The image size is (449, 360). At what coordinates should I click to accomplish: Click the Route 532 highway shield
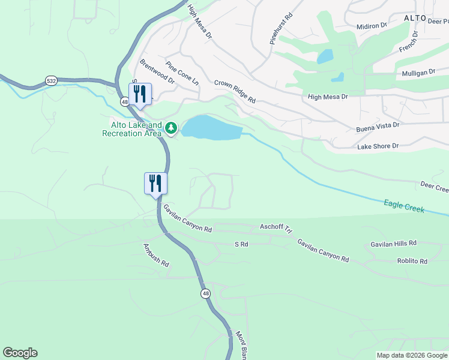[52, 80]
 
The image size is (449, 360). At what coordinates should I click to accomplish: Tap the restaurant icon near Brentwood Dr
[140, 95]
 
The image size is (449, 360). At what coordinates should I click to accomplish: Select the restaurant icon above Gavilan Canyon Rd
[155, 184]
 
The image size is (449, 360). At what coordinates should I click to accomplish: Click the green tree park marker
[171, 127]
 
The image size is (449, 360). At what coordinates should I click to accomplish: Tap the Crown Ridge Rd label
[235, 91]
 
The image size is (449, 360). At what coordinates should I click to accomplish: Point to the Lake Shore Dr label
[378, 146]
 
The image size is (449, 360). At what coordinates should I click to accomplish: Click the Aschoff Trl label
[276, 228]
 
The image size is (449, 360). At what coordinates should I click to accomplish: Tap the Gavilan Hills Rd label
[393, 244]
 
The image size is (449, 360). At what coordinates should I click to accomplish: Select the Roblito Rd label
[412, 261]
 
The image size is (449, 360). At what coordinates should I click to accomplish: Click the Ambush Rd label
[156, 256]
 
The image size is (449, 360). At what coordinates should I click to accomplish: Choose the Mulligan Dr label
[419, 73]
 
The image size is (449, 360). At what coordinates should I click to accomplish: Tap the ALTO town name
[415, 18]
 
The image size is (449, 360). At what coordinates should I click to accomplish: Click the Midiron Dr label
[372, 26]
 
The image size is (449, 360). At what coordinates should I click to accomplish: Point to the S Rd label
[241, 244]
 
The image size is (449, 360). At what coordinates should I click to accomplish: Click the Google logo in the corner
[20, 353]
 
